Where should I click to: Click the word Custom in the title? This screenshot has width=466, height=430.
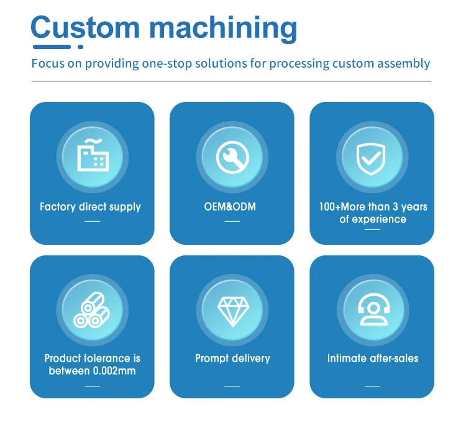(85, 27)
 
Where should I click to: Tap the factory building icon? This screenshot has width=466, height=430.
(93, 155)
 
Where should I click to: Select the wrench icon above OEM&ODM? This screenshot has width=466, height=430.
(232, 157)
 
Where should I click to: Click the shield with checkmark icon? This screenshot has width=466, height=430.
(371, 158)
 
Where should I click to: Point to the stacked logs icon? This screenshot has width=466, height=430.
(91, 310)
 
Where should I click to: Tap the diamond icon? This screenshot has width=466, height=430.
(233, 311)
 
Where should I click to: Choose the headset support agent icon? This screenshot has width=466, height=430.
(374, 309)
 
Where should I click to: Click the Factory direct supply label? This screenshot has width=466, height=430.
(90, 207)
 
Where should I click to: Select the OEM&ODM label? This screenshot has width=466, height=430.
(230, 206)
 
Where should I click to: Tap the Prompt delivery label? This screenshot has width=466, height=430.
(233, 359)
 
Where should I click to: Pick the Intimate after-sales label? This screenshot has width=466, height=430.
(373, 359)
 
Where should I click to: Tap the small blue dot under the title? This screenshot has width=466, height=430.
(80, 47)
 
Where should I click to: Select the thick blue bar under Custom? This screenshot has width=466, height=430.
(52, 47)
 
